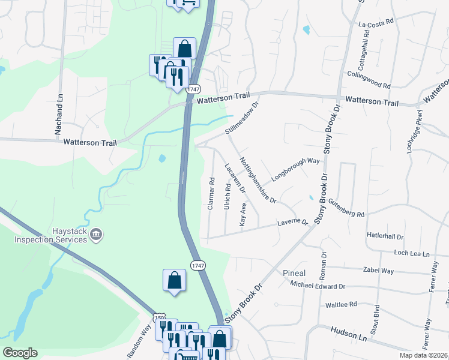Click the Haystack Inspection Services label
pos(52,235)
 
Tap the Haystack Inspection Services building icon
pos(97,235)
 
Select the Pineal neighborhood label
pos(294,273)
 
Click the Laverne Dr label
pos(292,223)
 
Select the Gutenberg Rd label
pos(346,209)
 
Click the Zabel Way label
pos(379,271)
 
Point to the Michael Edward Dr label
pos(318,287)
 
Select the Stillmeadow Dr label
pos(241,118)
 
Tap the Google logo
pos(20,353)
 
